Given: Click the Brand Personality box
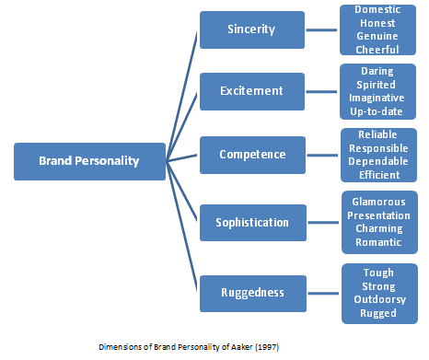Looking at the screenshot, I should [x=88, y=160].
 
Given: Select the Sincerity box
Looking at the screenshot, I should [x=251, y=29].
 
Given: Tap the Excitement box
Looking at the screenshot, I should [x=251, y=90].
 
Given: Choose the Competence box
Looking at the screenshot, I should [x=251, y=155].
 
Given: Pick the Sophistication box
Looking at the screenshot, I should [x=251, y=222].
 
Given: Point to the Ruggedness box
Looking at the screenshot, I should [x=251, y=292].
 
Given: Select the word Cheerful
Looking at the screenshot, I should [x=377, y=50].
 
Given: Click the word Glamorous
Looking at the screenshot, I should [x=377, y=202].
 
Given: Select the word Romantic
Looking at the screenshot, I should [x=377, y=242].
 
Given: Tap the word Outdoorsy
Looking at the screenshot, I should [x=378, y=299].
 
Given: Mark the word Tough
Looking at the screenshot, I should [x=378, y=273].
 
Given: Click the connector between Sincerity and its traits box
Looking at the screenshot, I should [x=319, y=29].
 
